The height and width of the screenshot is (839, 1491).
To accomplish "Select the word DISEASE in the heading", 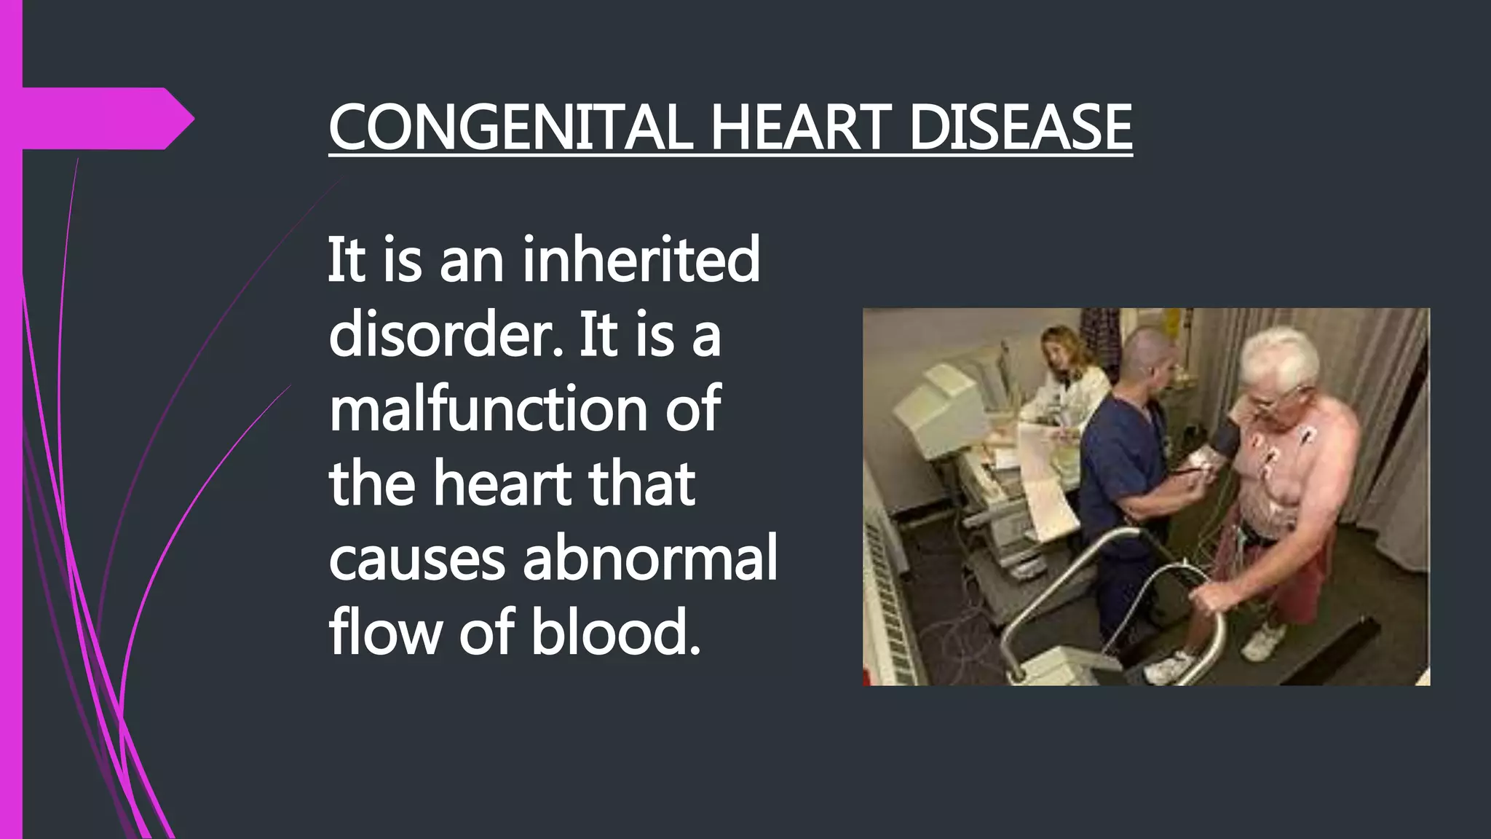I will pos(1020,127).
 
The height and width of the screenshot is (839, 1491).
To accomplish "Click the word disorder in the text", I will pos(444,335).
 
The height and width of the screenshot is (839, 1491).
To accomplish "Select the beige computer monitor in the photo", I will pos(939,401).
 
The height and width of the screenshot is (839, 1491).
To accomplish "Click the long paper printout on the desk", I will pos(1048,481).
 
